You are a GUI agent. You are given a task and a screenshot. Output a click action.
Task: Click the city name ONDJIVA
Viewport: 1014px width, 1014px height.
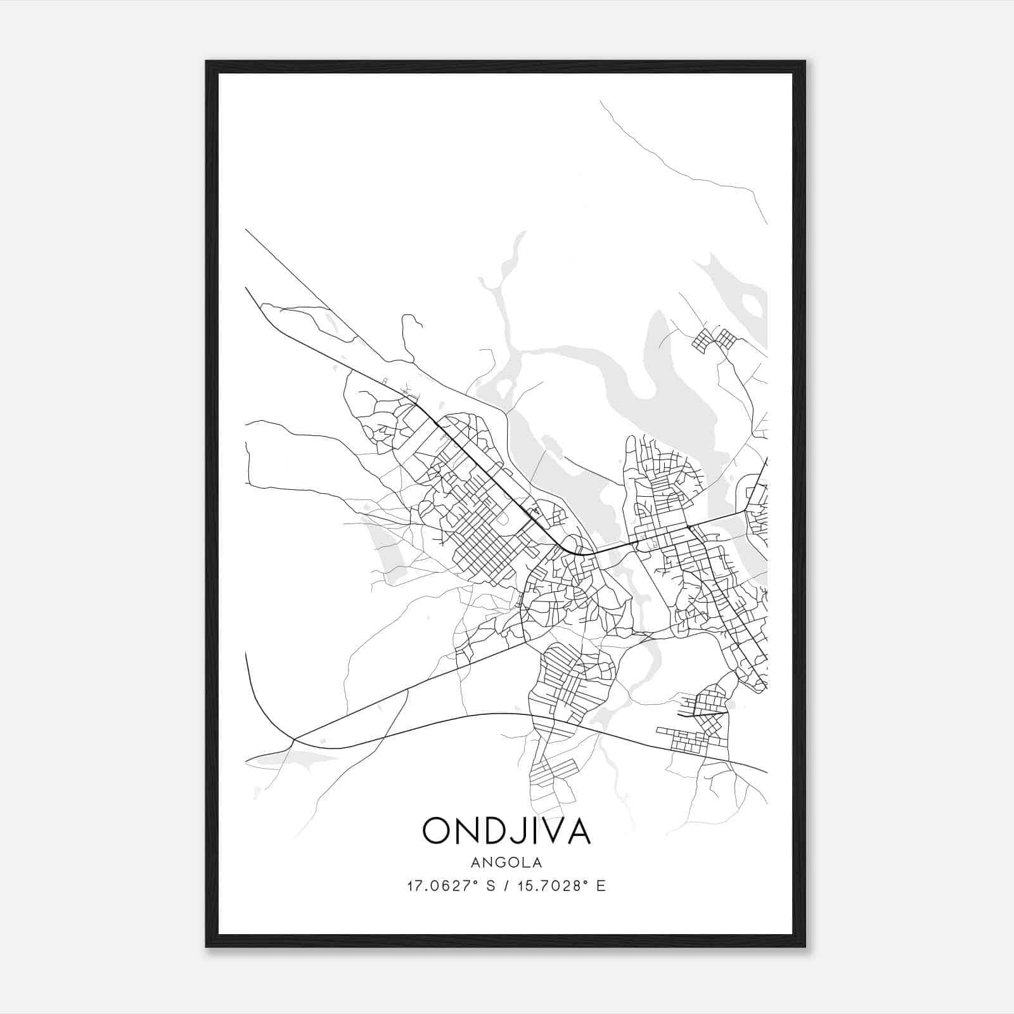pyautogui.click(x=506, y=831)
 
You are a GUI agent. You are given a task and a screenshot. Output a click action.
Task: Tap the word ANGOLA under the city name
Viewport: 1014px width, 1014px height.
pyautogui.click(x=506, y=863)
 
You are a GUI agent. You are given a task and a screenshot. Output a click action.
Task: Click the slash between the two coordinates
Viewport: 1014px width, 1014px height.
pyautogui.click(x=508, y=886)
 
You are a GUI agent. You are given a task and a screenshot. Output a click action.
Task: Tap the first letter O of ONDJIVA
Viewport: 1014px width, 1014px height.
pyautogui.click(x=437, y=831)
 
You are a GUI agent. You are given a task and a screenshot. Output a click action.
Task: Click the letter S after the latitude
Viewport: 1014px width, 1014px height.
pyautogui.click(x=490, y=886)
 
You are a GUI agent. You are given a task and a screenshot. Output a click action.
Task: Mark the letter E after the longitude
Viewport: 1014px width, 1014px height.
pyautogui.click(x=600, y=886)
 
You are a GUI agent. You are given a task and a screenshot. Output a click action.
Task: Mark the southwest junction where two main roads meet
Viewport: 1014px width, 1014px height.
pyautogui.click(x=294, y=739)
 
